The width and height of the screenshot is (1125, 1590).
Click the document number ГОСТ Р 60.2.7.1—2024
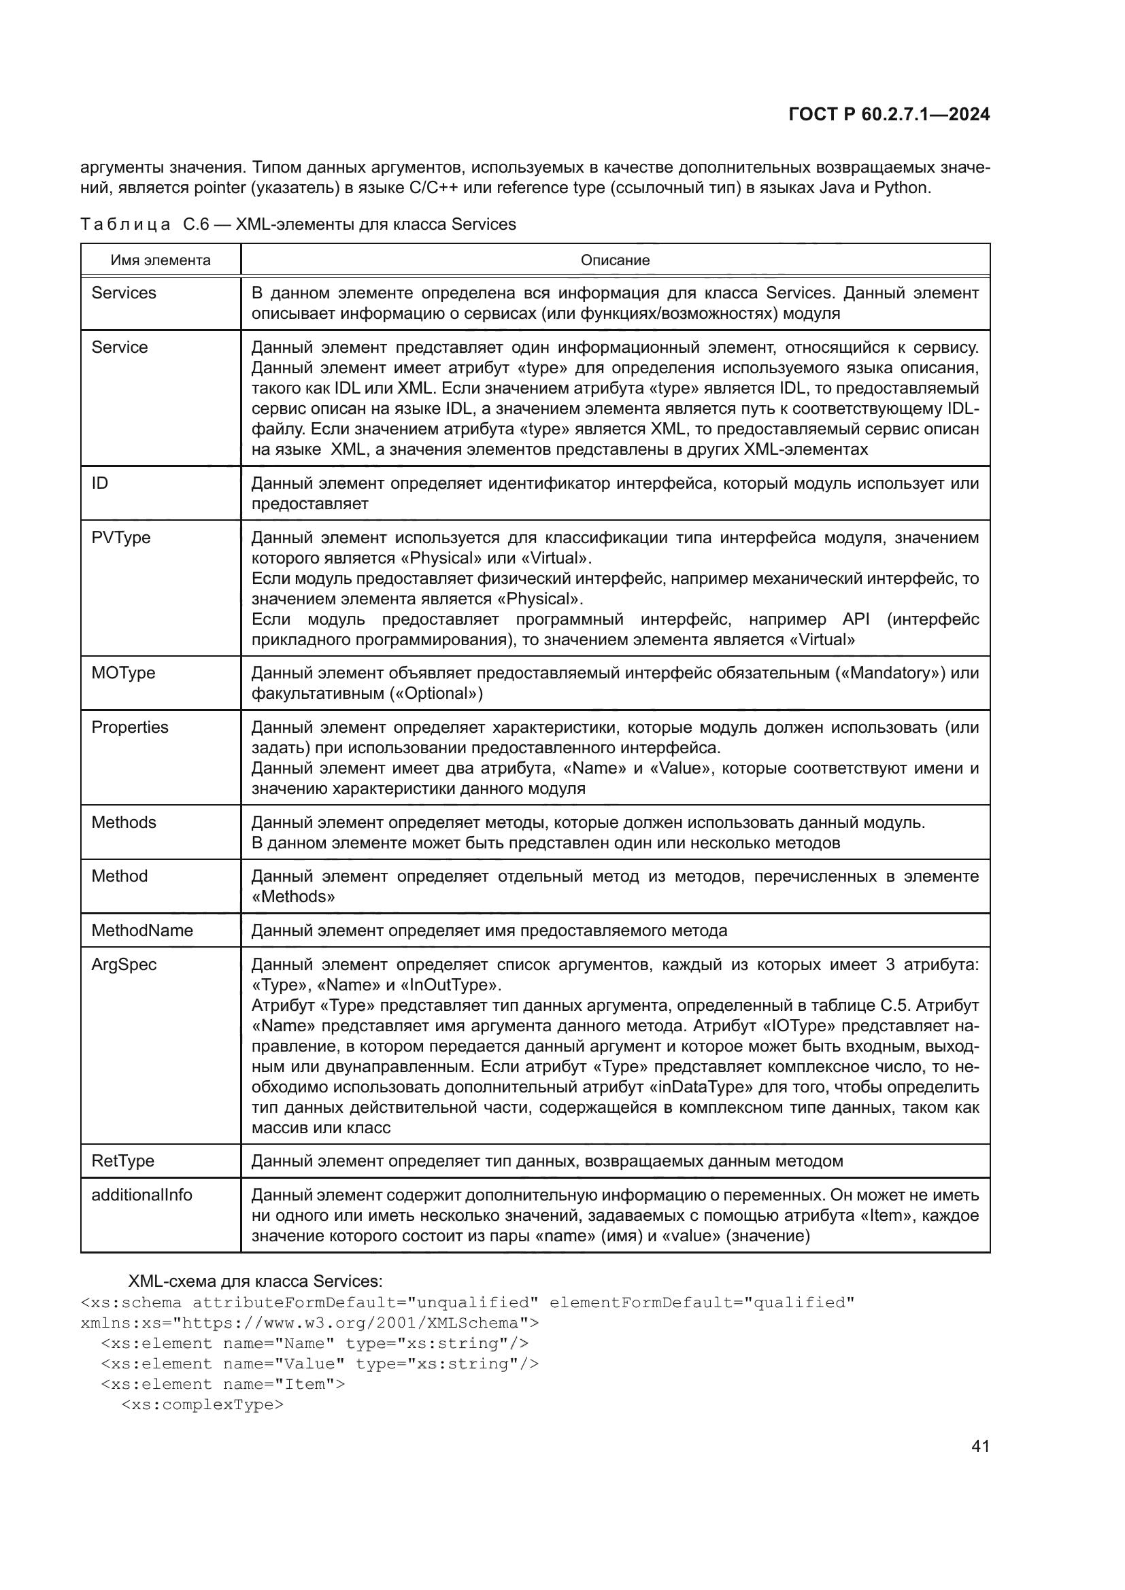tap(889, 115)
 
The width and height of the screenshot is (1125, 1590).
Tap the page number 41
tap(980, 1446)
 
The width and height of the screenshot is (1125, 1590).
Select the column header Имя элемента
tap(160, 260)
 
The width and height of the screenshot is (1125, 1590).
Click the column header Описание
tap(614, 260)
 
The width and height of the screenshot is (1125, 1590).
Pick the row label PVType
tap(120, 538)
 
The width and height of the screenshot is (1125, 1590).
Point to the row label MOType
tap(123, 673)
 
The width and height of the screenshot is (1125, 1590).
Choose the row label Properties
tap(129, 727)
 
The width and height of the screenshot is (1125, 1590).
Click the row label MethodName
tap(142, 931)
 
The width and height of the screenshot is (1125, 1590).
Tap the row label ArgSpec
tap(124, 965)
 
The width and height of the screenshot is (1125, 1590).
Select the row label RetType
tap(122, 1161)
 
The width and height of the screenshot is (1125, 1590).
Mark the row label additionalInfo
tap(141, 1195)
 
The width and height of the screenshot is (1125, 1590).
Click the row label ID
tap(100, 483)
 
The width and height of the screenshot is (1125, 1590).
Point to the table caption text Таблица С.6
tap(144, 224)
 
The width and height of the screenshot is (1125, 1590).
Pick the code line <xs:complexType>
tap(202, 1405)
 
